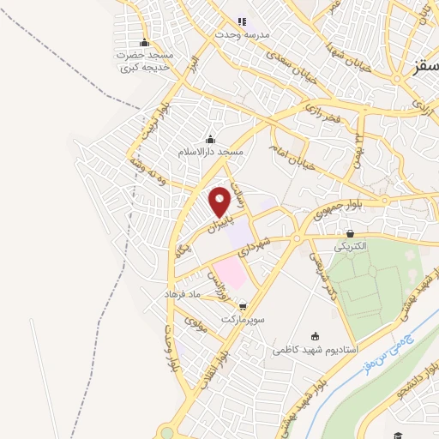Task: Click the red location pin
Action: tap(220, 201)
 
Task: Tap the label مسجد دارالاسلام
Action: tap(211, 151)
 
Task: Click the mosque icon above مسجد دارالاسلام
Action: tap(211, 139)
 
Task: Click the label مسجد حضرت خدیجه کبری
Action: tap(145, 61)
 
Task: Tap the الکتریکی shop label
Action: tap(350, 245)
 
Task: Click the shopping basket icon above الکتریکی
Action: tap(350, 233)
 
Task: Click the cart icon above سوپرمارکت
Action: tap(244, 305)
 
